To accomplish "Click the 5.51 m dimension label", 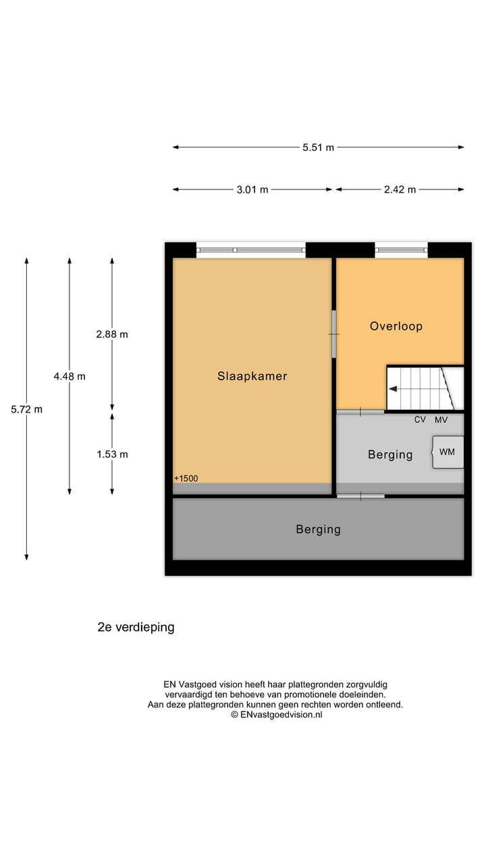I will tap(318, 147).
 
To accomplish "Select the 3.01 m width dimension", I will tap(252, 189).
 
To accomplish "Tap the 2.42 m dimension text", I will tap(400, 189).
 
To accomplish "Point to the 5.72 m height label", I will tap(27, 409).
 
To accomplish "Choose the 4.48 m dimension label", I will tap(70, 376).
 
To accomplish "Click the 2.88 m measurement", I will tap(112, 334).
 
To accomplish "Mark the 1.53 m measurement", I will tap(112, 454).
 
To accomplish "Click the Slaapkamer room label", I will tap(252, 376).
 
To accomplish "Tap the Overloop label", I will tap(396, 326).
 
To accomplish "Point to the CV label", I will tap(420, 419).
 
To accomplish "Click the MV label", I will tap(441, 419).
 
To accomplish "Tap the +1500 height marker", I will tap(186, 479).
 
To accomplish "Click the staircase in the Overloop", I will tap(424, 388).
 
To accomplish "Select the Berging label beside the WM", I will tap(390, 455).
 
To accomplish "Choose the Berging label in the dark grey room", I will tap(318, 530).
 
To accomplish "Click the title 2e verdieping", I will tap(136, 627).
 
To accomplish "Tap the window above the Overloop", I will tap(402, 250).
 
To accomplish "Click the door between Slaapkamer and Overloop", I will tap(333, 334).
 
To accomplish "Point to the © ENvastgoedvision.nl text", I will tap(276, 715).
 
